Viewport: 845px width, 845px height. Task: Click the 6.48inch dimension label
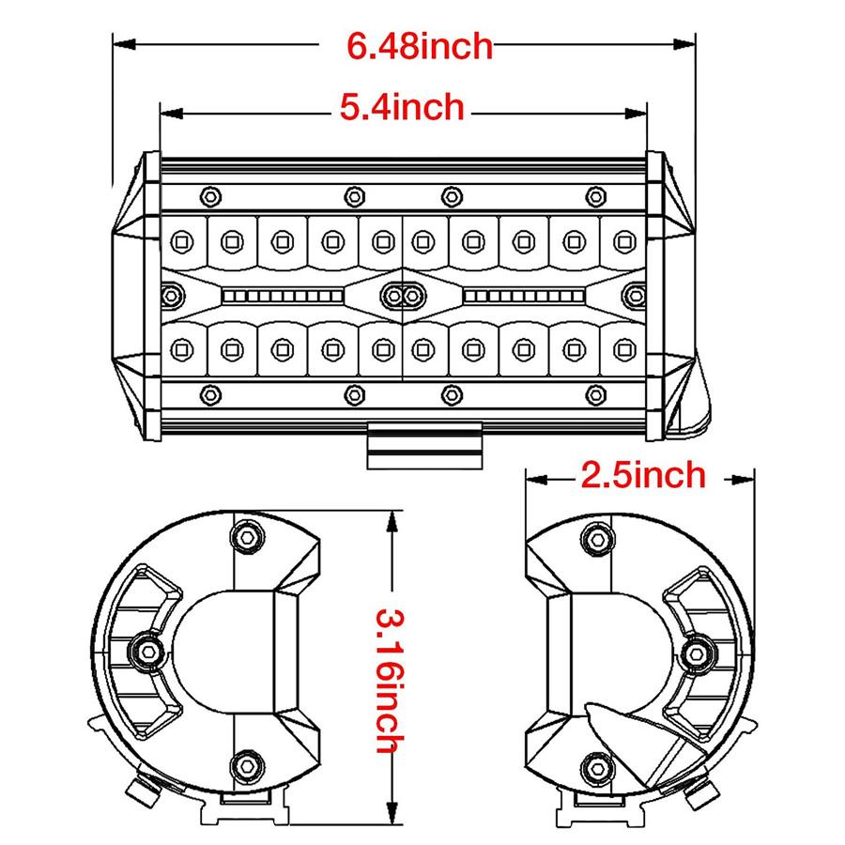[x=420, y=45]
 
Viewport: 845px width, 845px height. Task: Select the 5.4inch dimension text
[x=402, y=108]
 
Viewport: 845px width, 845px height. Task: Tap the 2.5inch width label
[x=643, y=476]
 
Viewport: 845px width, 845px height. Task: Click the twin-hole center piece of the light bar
[x=404, y=296]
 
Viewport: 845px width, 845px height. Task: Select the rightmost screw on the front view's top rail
[x=595, y=195]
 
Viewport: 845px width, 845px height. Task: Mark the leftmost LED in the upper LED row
[x=179, y=242]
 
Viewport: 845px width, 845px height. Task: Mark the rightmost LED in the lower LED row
[x=622, y=350]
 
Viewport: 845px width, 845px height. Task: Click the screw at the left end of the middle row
[x=172, y=296]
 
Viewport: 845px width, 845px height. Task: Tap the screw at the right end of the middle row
[x=636, y=296]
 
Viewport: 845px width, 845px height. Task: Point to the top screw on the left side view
[x=248, y=536]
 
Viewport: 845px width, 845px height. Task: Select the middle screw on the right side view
[x=698, y=649]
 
